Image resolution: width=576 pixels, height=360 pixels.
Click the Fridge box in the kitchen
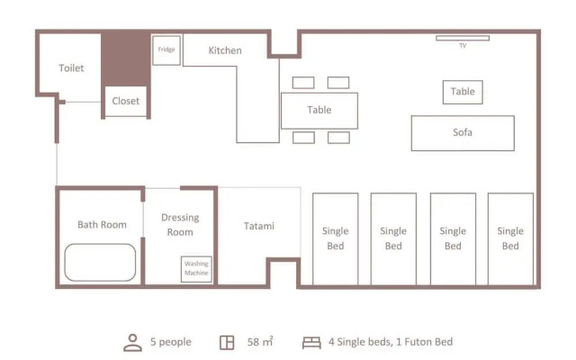coord(166,49)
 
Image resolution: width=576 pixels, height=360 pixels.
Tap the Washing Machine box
coord(196,268)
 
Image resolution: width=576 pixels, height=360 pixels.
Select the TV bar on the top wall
coord(463,38)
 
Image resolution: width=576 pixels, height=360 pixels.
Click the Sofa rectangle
coord(463,132)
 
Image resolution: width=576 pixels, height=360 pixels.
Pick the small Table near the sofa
coord(463,91)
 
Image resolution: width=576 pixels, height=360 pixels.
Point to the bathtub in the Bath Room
coord(100,263)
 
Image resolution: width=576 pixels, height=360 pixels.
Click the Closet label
coord(126,101)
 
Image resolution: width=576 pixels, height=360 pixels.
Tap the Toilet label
coord(71,67)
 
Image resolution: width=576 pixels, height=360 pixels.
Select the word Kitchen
coord(225,50)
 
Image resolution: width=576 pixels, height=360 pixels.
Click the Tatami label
coord(259,226)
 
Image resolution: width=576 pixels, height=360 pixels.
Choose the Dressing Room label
coord(180,225)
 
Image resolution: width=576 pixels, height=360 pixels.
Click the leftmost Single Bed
coord(335,238)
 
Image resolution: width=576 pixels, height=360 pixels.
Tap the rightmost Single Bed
coord(510,238)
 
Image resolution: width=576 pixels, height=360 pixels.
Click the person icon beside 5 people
coord(132,342)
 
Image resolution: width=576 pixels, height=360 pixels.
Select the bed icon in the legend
coord(312,342)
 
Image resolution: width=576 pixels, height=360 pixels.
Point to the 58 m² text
coord(260,342)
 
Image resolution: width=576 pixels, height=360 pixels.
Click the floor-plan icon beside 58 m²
coord(227,342)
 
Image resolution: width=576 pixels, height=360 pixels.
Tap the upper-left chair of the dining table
coord(303,83)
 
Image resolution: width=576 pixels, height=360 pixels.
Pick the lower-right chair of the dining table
coord(338,138)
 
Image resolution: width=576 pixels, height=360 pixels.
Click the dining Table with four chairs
coord(319,110)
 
